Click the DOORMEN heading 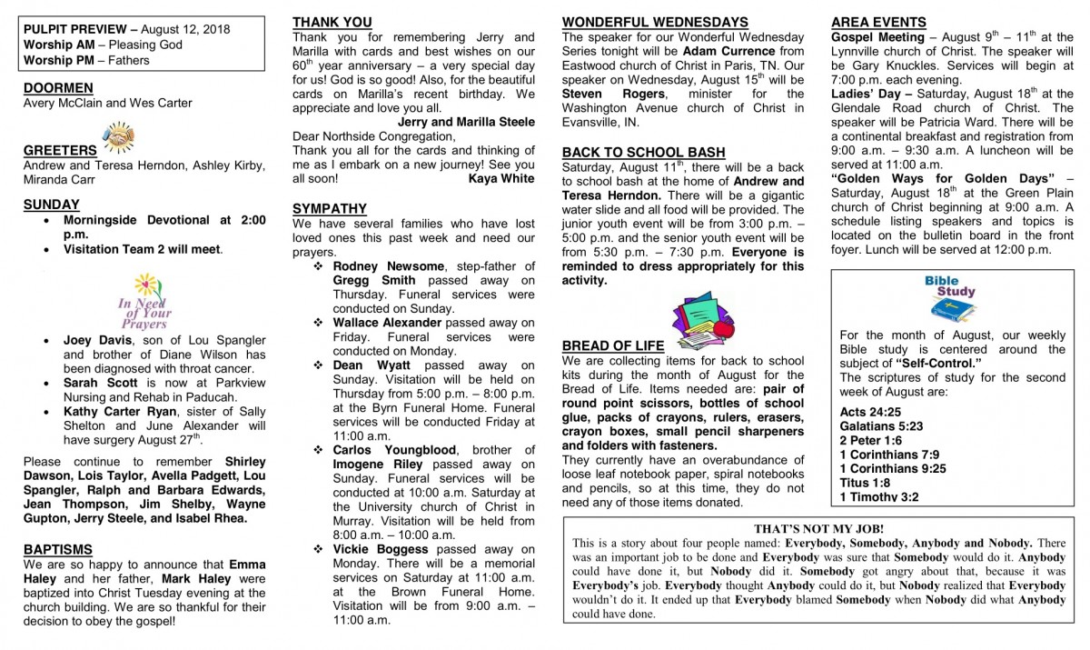pyautogui.click(x=58, y=87)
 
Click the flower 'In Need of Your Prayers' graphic pyautogui.click(x=144, y=301)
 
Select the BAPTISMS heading pyautogui.click(x=57, y=549)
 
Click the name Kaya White pyautogui.click(x=501, y=179)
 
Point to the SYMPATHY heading pyautogui.click(x=330, y=208)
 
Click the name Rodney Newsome pyautogui.click(x=389, y=265)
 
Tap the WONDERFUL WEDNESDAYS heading pyautogui.click(x=654, y=22)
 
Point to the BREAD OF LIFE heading pyautogui.click(x=613, y=345)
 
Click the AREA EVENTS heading pyautogui.click(x=878, y=22)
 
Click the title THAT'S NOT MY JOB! pyautogui.click(x=818, y=528)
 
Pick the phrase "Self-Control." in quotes pyautogui.click(x=938, y=364)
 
